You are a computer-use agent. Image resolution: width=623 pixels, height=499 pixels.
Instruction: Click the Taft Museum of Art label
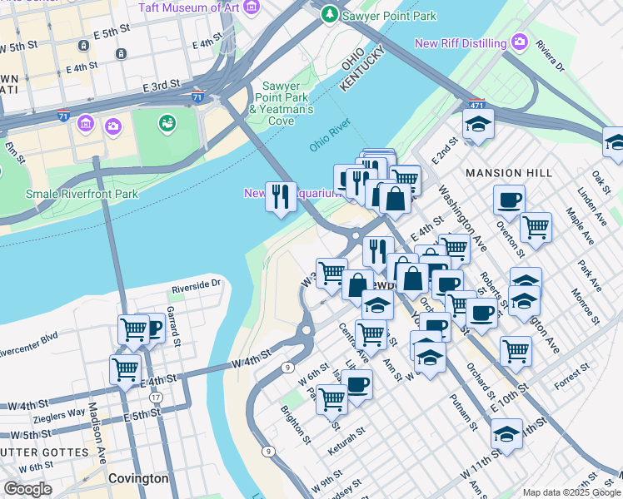point(189,7)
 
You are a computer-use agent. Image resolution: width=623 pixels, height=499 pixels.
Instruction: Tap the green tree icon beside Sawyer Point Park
point(331,14)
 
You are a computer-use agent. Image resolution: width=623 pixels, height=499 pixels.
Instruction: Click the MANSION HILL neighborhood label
point(508,173)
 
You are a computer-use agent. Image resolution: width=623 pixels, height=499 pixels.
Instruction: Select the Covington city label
point(138,479)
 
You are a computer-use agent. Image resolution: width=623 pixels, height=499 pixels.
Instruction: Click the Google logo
point(27,489)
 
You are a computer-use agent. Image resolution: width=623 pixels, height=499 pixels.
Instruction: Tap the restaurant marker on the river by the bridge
point(280,196)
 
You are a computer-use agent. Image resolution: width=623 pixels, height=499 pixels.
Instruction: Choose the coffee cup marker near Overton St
point(508,200)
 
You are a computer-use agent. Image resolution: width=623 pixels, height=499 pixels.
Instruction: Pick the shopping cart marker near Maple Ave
point(536,227)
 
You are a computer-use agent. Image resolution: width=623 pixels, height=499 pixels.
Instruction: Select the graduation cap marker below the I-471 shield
point(478,125)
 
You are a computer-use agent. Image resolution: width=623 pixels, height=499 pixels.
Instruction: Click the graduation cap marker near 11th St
point(506,434)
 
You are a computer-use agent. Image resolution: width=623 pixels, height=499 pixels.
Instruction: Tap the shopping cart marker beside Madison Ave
point(125,369)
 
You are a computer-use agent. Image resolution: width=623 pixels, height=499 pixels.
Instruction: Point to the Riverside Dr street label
point(196,284)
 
